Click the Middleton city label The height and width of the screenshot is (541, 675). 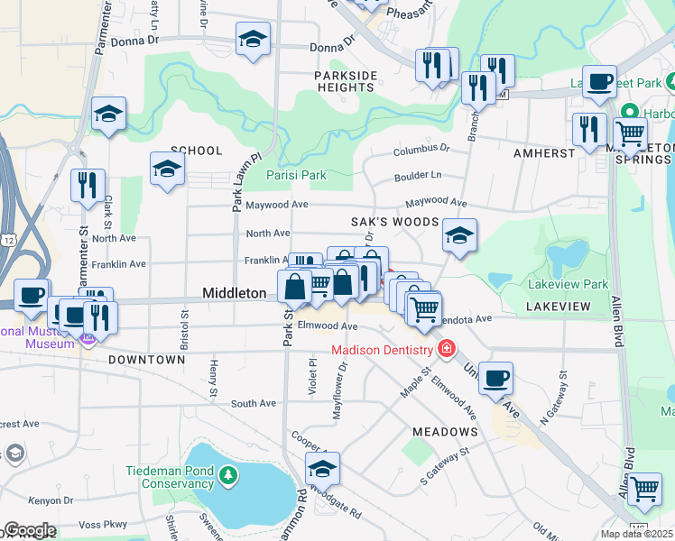tap(234, 293)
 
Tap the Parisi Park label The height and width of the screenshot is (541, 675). tap(296, 176)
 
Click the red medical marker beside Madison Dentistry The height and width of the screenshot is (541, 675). tap(445, 348)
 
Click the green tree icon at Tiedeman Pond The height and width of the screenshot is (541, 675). tap(229, 474)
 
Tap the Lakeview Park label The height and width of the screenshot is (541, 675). tap(569, 284)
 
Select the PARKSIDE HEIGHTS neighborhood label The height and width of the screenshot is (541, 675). tap(346, 81)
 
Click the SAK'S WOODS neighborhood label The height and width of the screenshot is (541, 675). tap(394, 222)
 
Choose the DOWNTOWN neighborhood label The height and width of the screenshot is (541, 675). tap(146, 360)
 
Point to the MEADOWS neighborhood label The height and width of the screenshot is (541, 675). tap(445, 432)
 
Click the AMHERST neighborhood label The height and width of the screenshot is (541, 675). tap(544, 153)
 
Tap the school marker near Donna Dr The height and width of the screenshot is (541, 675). tap(254, 40)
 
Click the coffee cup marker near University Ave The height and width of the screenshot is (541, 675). tap(495, 378)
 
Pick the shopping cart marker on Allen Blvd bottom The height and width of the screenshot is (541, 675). tap(644, 490)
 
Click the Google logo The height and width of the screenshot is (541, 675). tap(30, 530)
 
